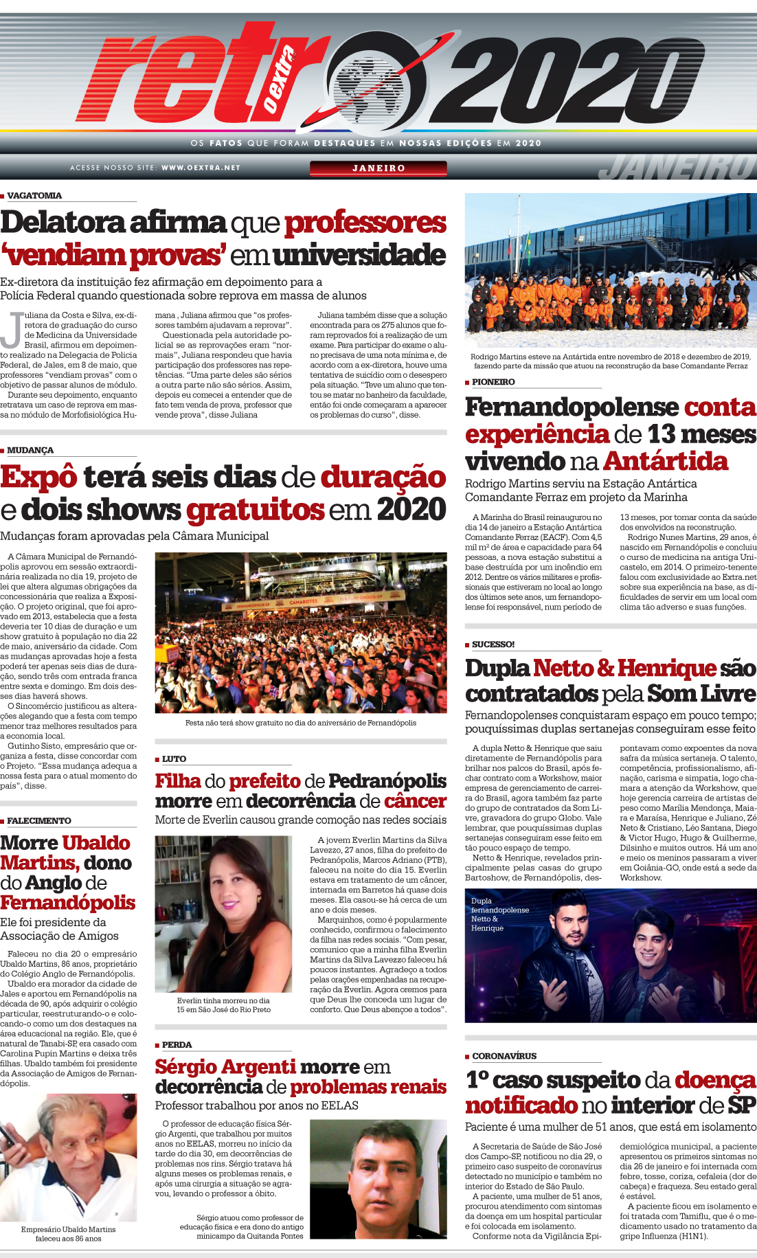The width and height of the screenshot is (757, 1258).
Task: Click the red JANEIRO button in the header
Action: pos(378,168)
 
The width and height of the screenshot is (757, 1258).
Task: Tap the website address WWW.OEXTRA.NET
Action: pos(201,168)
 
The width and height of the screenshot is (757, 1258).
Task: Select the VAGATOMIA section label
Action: pos(34,196)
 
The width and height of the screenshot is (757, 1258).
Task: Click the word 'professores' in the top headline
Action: pos(365,223)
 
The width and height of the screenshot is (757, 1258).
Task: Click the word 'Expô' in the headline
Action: pos(38,478)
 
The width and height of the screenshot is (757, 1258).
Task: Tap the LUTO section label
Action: pos(174,759)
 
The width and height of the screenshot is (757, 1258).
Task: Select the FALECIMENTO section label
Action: pos(39,821)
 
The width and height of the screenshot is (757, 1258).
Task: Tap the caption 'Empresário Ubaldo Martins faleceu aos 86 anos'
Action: pos(68,1234)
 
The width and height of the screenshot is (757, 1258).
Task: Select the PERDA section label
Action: pos(177,1045)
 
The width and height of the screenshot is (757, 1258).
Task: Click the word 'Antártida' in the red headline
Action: pos(666,461)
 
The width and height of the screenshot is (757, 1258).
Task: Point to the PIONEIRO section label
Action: pos(493,382)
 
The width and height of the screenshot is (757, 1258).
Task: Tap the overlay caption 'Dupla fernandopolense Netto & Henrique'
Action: pos(499,914)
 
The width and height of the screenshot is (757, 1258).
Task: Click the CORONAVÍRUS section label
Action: pos(504,1056)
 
